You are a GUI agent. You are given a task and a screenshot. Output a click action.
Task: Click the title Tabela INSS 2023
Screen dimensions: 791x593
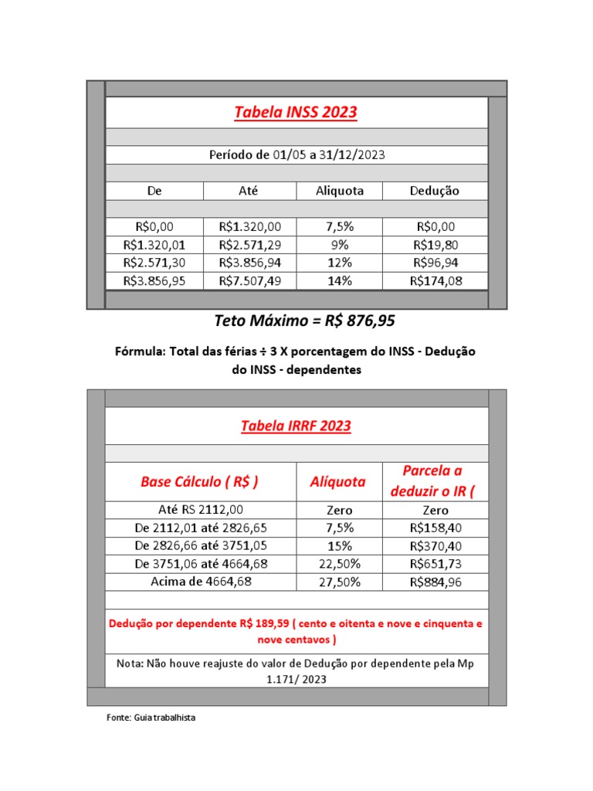[x=296, y=113]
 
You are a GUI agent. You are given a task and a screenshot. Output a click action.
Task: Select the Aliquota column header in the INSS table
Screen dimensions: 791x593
[x=340, y=191]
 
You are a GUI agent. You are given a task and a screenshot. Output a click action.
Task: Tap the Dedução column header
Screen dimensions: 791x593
[x=435, y=191]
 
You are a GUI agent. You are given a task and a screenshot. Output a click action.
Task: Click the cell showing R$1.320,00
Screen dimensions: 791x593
[x=250, y=227]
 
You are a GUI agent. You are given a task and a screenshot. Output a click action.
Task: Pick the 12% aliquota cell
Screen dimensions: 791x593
[x=340, y=263]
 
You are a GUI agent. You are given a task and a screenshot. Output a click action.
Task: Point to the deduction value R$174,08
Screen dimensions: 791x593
[x=435, y=281]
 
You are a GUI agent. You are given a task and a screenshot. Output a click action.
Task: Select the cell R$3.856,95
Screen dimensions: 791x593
[x=154, y=281]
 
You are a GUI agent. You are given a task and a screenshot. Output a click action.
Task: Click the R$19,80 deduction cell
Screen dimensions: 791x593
[x=435, y=245]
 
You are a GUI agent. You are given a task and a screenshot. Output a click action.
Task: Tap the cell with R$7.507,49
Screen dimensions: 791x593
[x=250, y=281]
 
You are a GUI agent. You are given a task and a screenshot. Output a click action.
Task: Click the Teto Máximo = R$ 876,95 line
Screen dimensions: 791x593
[x=296, y=321]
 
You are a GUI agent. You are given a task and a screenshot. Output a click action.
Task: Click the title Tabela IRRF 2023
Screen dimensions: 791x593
[x=296, y=426]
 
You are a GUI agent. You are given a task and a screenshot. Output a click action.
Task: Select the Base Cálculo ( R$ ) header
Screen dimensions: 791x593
[x=199, y=482]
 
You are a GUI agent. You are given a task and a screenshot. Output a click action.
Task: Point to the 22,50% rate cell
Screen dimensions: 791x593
[x=340, y=564]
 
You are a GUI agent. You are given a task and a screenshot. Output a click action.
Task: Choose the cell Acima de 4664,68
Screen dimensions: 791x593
[x=201, y=582]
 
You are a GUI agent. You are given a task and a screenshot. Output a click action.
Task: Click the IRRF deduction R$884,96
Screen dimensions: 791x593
[x=435, y=582]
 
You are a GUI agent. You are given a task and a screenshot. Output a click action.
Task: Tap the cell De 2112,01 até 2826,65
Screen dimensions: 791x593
[x=201, y=528]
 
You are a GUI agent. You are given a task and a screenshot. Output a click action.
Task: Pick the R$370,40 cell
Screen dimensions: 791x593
[x=435, y=546]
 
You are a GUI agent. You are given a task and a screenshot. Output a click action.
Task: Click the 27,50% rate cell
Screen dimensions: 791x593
[x=340, y=582]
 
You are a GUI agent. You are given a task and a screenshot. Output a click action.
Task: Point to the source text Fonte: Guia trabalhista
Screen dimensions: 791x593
[x=151, y=718]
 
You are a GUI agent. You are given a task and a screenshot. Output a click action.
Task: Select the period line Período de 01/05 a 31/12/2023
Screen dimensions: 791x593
[x=296, y=155]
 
